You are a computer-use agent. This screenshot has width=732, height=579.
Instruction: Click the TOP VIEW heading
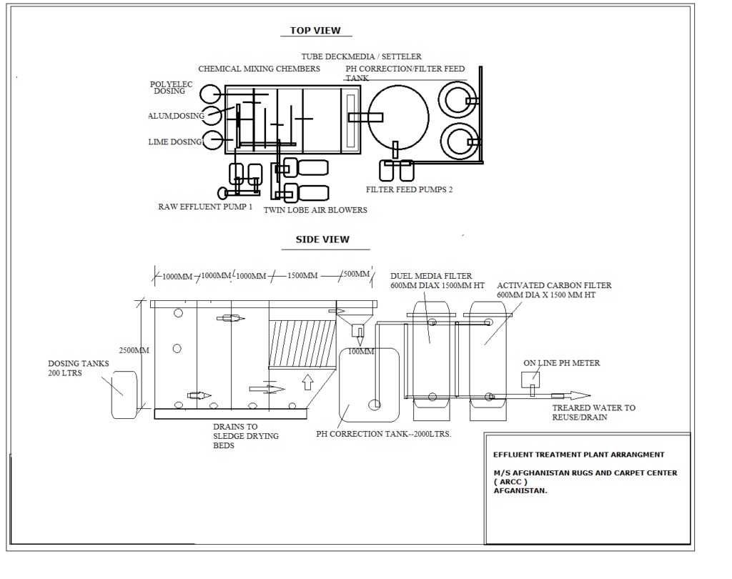pyautogui.click(x=315, y=31)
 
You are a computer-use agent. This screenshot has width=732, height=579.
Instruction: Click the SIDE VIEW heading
pyautogui.click(x=322, y=239)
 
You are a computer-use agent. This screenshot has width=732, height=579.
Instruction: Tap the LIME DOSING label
pyautogui.click(x=175, y=142)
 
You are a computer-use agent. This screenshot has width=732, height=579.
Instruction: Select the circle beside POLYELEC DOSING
pyautogui.click(x=210, y=94)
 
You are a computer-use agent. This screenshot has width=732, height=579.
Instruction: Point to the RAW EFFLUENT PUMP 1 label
pyautogui.click(x=205, y=207)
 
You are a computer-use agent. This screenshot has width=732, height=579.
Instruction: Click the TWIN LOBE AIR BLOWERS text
pyautogui.click(x=315, y=210)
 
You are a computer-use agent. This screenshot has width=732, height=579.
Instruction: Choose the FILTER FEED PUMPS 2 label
pyautogui.click(x=409, y=190)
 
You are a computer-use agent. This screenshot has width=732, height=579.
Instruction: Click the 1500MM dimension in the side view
pyautogui.click(x=302, y=276)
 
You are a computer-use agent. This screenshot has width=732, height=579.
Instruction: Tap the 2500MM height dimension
pyautogui.click(x=134, y=350)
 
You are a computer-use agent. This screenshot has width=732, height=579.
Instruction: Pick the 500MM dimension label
pyautogui.click(x=357, y=274)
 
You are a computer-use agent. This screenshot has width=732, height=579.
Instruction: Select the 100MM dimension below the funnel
pyautogui.click(x=361, y=351)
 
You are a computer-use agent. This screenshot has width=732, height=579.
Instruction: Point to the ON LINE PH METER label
pyautogui.click(x=562, y=363)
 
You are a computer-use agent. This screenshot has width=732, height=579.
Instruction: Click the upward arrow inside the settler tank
pyautogui.click(x=308, y=382)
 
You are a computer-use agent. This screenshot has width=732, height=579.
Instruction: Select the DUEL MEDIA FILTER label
pyautogui.click(x=431, y=276)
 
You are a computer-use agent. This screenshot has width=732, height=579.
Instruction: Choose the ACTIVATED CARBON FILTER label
pyautogui.click(x=554, y=285)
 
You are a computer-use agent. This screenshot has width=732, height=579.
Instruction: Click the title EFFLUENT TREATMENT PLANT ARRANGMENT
pyautogui.click(x=578, y=455)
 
